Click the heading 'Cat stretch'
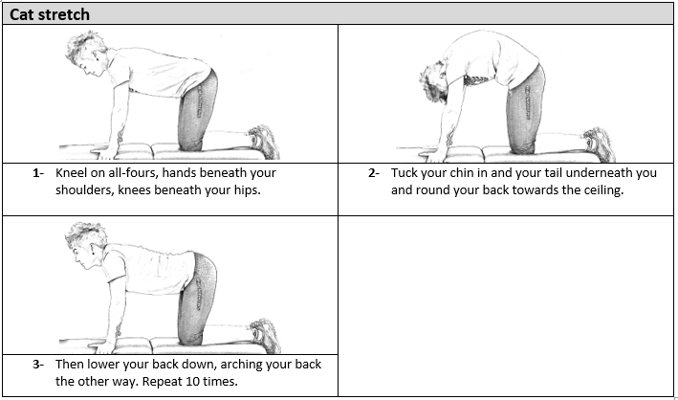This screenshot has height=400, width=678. (50, 14)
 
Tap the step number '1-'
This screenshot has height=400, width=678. (38, 173)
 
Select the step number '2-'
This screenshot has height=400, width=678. (374, 173)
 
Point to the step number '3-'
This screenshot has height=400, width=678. (38, 365)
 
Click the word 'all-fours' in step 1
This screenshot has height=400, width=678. (131, 173)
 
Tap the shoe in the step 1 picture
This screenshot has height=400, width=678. (263, 142)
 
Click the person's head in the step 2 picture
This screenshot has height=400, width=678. (434, 82)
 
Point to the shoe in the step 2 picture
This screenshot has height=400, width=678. (600, 144)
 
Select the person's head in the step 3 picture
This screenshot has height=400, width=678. (86, 245)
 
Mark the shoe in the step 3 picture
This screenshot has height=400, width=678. (265, 336)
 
